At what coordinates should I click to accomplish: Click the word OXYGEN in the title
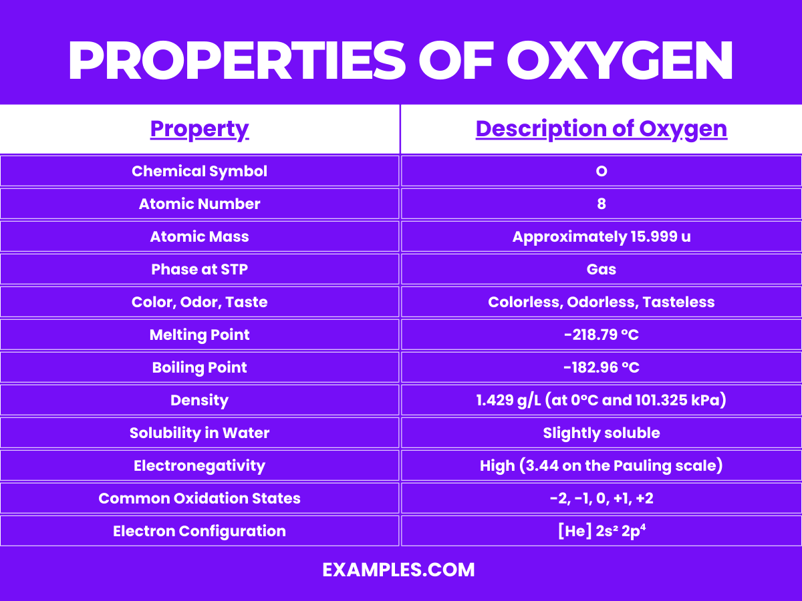(620, 61)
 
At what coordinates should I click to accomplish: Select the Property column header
(199, 129)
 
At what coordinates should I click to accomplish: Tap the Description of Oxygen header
(601, 129)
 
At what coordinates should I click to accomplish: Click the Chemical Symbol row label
(199, 171)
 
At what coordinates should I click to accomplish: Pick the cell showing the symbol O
(601, 171)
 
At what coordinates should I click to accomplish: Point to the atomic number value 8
(601, 204)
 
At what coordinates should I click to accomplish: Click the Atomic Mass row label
(199, 236)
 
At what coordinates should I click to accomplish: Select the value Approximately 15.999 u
(601, 236)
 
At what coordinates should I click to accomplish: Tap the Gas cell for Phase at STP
(601, 269)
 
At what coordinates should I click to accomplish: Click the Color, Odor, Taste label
(199, 302)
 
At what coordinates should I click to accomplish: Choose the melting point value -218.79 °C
(601, 335)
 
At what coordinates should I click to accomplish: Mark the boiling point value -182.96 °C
(601, 367)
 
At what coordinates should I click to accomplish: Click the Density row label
(199, 400)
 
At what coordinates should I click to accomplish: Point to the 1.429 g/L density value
(601, 400)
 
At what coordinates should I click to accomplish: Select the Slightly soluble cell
(601, 433)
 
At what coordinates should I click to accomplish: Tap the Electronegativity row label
(199, 465)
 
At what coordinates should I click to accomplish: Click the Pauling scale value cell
(601, 465)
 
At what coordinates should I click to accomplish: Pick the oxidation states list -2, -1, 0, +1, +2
(601, 498)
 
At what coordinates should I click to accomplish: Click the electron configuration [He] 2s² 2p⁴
(601, 531)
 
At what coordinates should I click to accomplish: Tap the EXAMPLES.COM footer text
(398, 570)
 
